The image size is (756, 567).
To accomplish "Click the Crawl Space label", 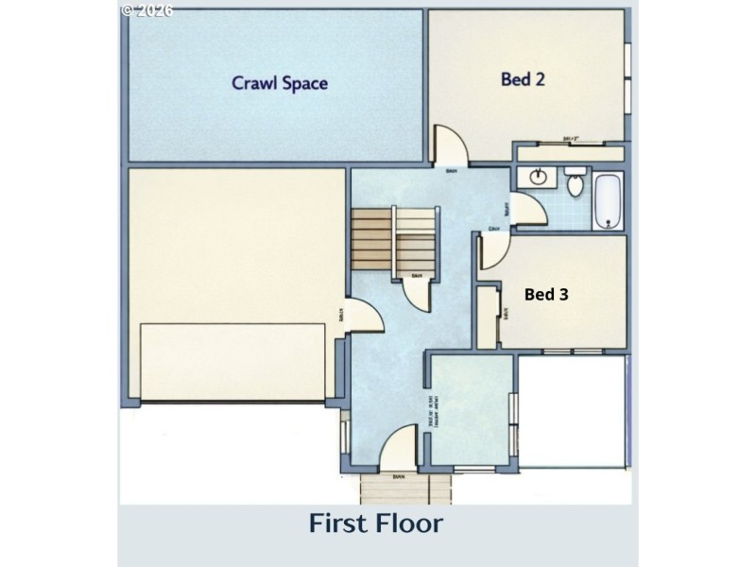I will pos(280,83).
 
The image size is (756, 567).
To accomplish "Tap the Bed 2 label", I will pos(523,79).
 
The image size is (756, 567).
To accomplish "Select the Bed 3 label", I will pos(546,295).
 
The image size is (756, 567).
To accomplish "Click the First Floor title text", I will pos(376,523).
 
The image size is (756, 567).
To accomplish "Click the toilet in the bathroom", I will pos(573,183).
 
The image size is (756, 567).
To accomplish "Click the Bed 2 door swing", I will pos(448,146).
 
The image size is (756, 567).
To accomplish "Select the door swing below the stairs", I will pos(417,293).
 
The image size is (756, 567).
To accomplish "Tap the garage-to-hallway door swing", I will pos(365,318).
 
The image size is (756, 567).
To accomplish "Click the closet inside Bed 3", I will pos(488,318).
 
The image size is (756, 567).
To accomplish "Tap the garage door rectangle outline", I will pos(234,363).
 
